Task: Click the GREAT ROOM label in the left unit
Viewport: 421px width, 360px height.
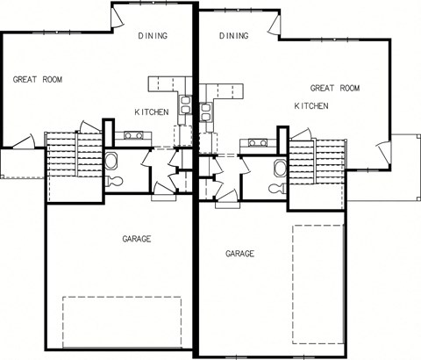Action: click(38, 79)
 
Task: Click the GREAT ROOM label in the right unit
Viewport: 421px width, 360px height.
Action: click(336, 88)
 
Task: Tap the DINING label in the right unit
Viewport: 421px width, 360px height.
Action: click(234, 36)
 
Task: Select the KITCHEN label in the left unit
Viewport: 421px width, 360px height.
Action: click(152, 112)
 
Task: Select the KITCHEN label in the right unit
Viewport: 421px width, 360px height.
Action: click(311, 105)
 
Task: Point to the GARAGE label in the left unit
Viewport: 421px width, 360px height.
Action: click(137, 239)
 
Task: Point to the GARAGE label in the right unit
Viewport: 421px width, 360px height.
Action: click(239, 253)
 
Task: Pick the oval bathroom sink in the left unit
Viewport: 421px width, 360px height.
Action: click(111, 161)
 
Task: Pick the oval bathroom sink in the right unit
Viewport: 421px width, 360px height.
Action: click(279, 167)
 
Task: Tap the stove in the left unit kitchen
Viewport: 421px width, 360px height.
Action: click(135, 135)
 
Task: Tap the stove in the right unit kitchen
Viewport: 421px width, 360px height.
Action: click(258, 142)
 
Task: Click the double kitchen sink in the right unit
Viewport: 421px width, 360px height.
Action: click(205, 112)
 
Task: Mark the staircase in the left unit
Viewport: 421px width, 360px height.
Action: click(62, 155)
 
